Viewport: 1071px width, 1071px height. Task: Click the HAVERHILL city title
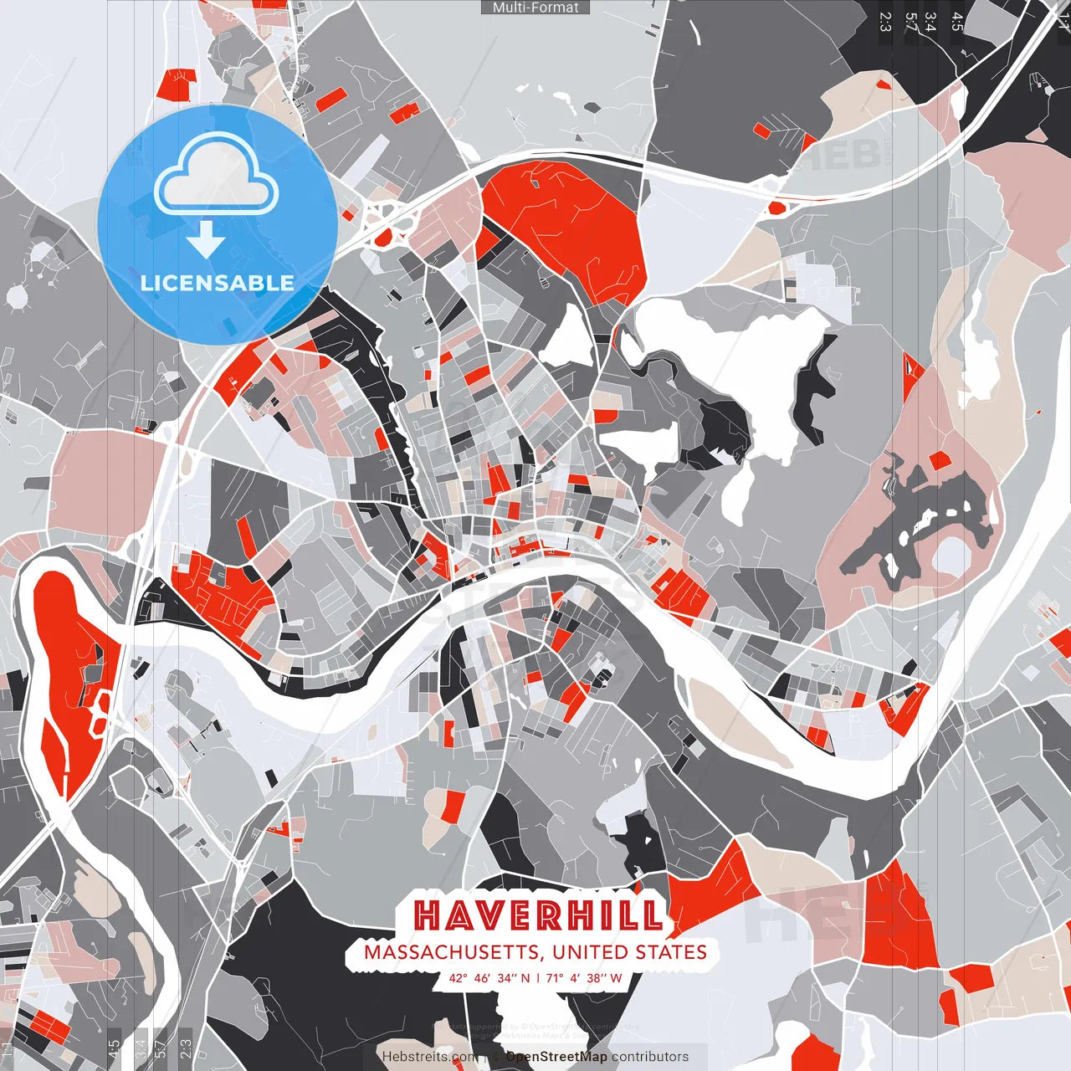539,916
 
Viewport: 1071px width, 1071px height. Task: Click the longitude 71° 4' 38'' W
585,977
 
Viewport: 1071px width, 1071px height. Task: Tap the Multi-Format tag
535,8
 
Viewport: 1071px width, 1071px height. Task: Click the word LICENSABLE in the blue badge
217,283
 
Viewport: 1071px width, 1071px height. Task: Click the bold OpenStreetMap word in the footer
556,1057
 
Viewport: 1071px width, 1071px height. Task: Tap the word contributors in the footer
650,1057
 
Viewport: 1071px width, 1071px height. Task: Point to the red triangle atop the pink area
911,366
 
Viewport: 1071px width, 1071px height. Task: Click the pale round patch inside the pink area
951,556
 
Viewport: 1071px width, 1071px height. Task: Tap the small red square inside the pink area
940,460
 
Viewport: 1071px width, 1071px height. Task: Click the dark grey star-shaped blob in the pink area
920,519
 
